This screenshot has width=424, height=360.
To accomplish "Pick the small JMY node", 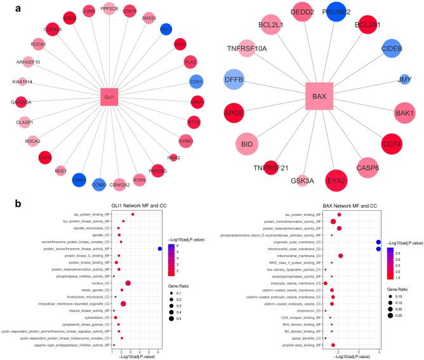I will pyautogui.click(x=404, y=80).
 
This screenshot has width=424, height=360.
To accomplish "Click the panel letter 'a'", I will pyautogui.click(x=5, y=6).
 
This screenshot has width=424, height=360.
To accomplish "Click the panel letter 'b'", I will pyautogui.click(x=5, y=204).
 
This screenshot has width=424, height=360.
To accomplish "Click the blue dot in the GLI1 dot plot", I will pyautogui.click(x=159, y=249).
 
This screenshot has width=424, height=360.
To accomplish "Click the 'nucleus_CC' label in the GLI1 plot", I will pyautogui.click(x=98, y=283).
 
